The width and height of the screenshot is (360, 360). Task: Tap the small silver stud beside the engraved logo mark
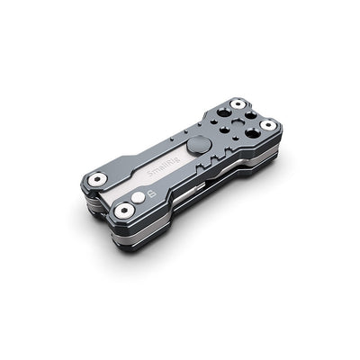[138, 197]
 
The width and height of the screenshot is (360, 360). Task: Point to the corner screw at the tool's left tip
[96, 179]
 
